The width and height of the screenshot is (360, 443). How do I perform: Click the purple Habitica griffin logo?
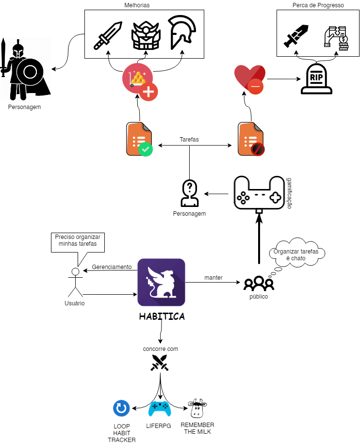point(161,282)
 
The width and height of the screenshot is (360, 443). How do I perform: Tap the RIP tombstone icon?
point(316,79)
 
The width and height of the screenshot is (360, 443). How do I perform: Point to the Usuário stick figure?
point(76,282)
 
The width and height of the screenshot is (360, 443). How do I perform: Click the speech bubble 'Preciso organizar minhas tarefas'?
point(78,242)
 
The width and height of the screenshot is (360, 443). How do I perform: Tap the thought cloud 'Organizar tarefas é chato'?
point(296,253)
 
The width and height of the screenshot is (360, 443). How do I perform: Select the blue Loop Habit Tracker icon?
point(121,408)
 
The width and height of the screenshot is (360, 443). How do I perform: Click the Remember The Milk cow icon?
point(197,409)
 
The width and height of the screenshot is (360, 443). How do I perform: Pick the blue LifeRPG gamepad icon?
point(160,409)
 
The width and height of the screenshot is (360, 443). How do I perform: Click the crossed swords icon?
point(160,363)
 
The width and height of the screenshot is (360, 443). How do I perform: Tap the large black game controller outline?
point(259,194)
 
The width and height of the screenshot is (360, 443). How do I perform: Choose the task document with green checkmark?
point(139,139)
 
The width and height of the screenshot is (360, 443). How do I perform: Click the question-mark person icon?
point(190,193)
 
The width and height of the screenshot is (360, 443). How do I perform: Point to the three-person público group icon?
point(259,284)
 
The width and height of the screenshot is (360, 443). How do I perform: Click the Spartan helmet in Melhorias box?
point(181,32)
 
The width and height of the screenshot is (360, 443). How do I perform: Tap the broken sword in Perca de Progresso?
point(296,36)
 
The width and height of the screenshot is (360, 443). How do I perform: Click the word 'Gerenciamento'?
point(112,267)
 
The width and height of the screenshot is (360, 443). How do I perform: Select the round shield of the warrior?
point(30,72)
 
